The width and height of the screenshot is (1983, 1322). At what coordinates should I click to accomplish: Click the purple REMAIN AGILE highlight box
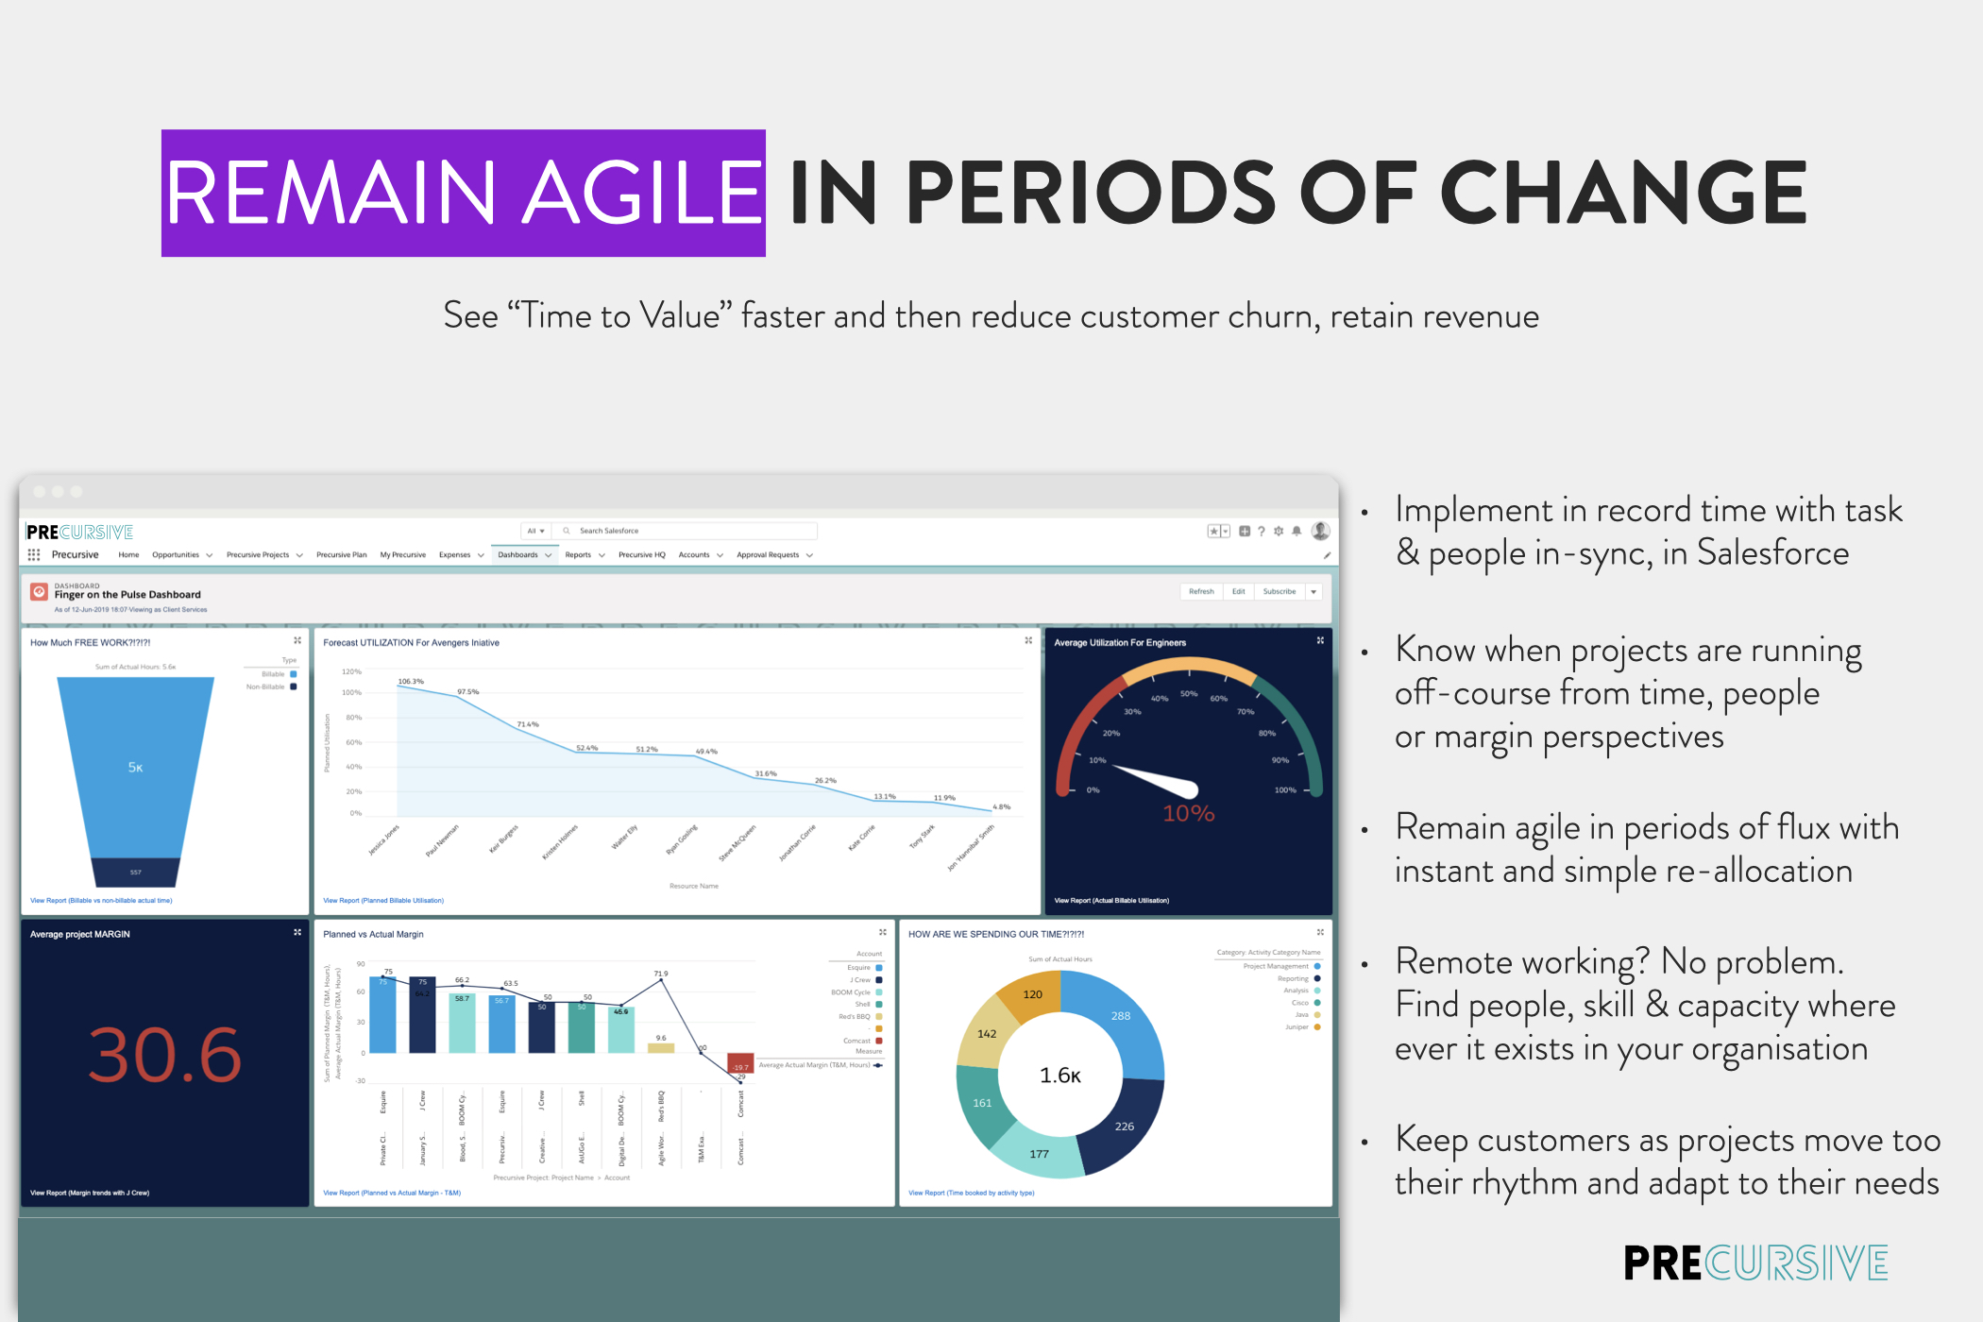click(463, 193)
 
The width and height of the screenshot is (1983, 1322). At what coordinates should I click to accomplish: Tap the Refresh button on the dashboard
click(1201, 592)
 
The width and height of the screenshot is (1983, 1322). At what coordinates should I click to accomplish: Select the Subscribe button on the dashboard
click(1279, 592)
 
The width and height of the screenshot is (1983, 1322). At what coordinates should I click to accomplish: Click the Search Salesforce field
click(689, 531)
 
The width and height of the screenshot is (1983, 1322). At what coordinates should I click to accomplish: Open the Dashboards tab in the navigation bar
click(518, 555)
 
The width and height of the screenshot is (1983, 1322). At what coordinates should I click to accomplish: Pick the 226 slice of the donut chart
click(1124, 1127)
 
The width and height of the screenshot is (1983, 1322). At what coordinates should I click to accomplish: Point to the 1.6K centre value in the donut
click(1059, 1076)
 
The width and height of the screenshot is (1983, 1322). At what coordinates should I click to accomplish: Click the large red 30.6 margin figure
click(165, 1055)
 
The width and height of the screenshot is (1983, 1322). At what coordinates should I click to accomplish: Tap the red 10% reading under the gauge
click(1188, 814)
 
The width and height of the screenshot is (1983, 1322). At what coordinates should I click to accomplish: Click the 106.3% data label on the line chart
click(411, 681)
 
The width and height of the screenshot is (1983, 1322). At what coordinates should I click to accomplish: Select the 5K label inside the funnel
click(136, 768)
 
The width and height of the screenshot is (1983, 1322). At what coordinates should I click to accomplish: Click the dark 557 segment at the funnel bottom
click(136, 872)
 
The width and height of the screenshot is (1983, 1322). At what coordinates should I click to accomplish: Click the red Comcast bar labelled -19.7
click(740, 1063)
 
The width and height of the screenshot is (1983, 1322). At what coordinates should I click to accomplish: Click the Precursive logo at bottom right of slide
click(1754, 1263)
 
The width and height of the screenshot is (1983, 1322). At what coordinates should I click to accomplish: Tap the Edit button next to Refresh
click(1238, 592)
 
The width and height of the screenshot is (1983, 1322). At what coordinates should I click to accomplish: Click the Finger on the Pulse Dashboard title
click(127, 595)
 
